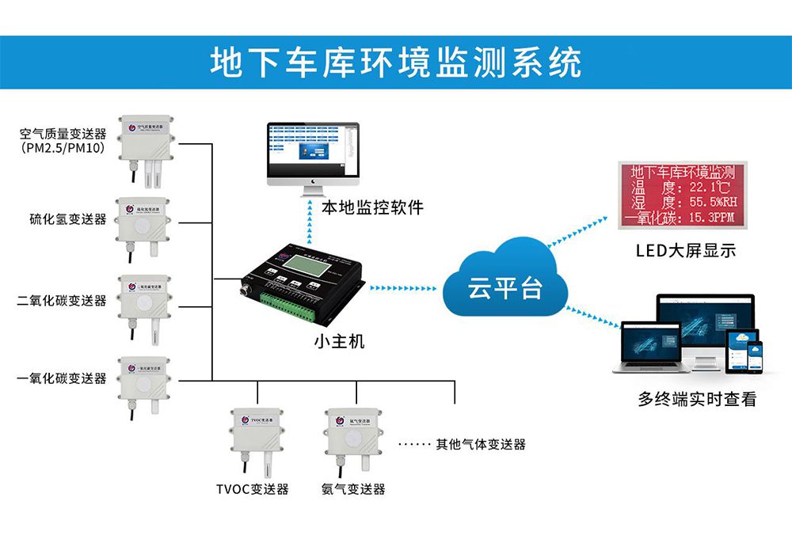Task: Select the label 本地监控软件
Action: (372, 208)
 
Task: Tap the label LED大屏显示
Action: (686, 251)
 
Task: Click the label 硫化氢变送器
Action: (67, 219)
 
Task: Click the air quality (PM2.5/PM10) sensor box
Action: (146, 139)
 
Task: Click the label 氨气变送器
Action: (353, 489)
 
